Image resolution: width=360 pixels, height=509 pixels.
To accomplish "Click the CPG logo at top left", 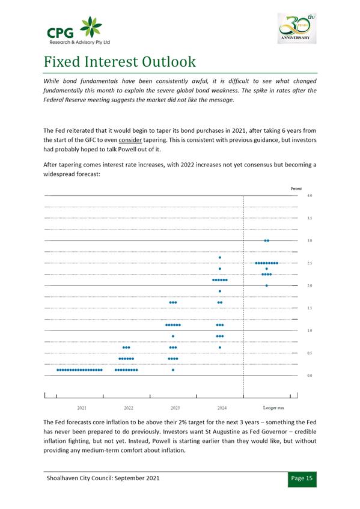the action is [79, 30].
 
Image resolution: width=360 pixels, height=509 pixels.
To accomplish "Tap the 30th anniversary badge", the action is [297, 28].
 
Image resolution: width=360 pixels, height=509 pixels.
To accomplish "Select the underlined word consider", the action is [130, 140].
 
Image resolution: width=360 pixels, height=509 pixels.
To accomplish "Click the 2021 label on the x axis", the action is [82, 407].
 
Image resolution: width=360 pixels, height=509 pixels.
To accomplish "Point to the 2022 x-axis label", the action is [129, 407].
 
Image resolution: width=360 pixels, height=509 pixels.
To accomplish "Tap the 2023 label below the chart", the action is [175, 407].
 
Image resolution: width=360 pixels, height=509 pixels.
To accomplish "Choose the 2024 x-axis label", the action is [222, 407].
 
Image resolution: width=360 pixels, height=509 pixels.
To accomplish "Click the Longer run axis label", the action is [273, 407].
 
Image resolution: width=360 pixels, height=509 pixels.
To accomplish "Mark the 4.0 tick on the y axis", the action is [310, 196].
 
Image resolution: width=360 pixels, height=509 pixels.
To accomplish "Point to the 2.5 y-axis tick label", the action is [310, 263].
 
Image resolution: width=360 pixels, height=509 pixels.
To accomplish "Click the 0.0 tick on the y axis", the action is [310, 376].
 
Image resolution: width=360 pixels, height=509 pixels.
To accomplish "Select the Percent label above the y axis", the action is [296, 188].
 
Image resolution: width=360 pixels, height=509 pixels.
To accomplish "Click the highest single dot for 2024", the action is [220, 257].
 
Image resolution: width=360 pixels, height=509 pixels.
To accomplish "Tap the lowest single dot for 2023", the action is [173, 370].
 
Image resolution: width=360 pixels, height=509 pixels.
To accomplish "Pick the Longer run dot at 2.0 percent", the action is [266, 285].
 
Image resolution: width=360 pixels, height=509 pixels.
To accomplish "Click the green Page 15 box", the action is [302, 479].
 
